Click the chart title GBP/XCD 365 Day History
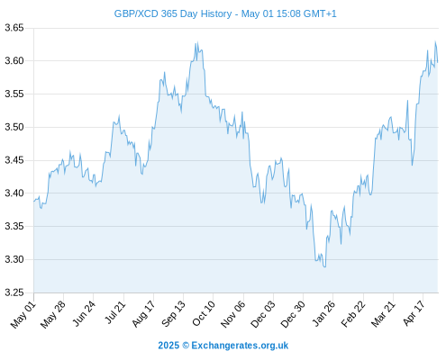click(173, 13)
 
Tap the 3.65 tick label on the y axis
click(14, 28)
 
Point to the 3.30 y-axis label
click(14, 259)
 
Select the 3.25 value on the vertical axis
click(14, 292)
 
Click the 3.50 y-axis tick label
click(14, 127)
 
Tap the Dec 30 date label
click(293, 314)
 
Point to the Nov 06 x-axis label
click(233, 314)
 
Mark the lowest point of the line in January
click(324, 266)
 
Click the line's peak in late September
click(197, 42)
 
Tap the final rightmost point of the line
click(438, 62)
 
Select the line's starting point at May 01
click(34, 201)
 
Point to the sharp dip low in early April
click(412, 165)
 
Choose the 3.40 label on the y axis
click(14, 193)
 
